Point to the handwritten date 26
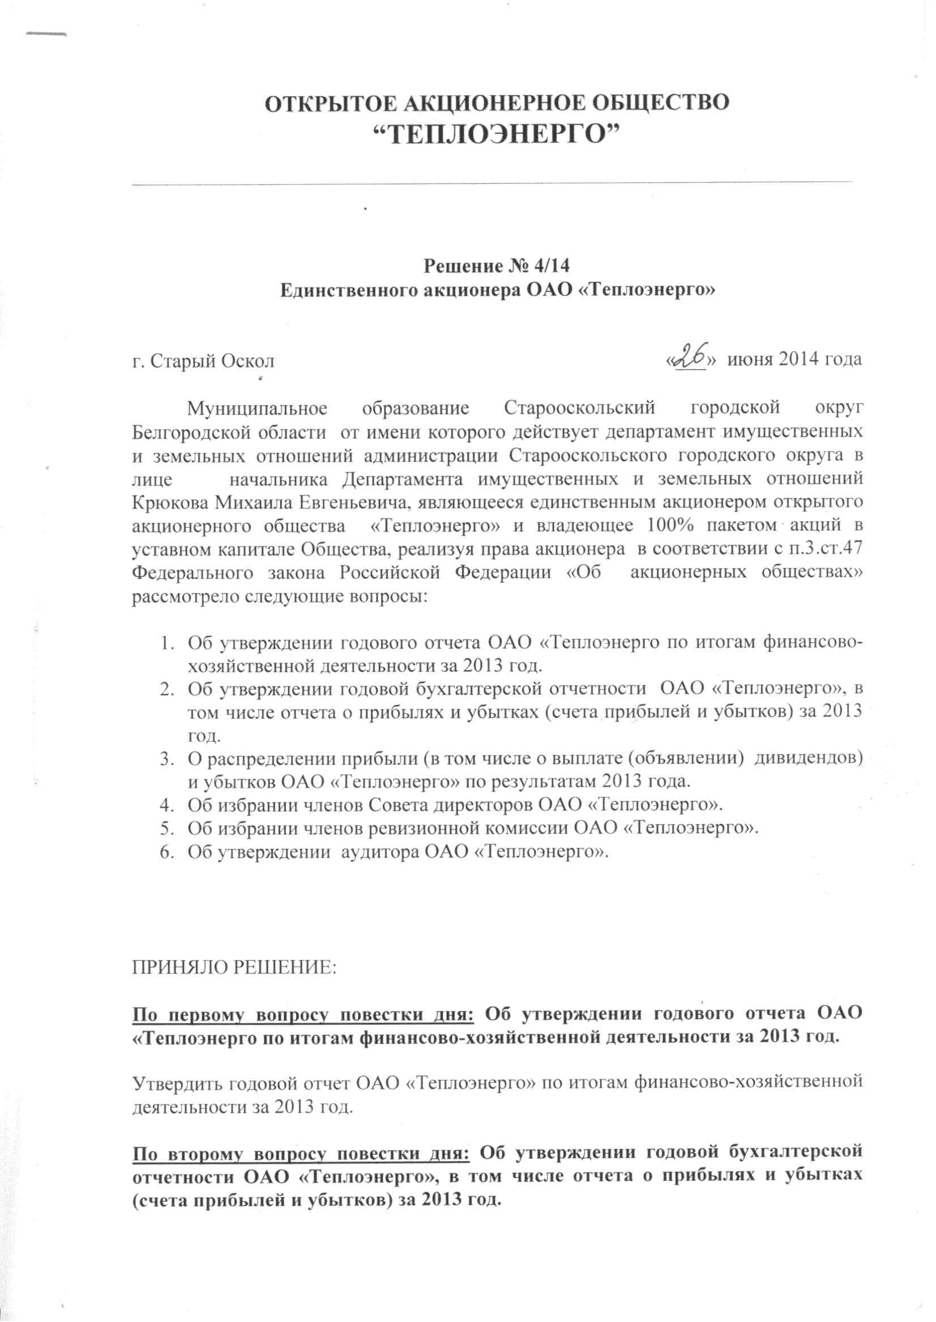tap(691, 357)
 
